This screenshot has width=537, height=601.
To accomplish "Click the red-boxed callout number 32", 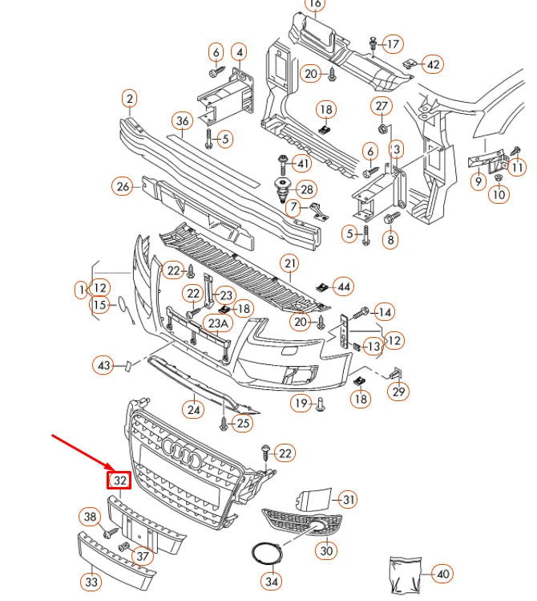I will tap(119, 481).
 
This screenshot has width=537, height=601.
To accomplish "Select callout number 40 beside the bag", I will tap(442, 573).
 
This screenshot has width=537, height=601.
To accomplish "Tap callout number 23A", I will tap(216, 323).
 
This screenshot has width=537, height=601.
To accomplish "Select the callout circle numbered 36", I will tap(183, 121).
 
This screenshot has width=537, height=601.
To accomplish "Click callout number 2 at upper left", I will tap(129, 99).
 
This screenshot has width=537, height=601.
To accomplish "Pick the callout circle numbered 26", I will tap(122, 187).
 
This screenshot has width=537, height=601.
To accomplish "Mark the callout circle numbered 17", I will tap(393, 43).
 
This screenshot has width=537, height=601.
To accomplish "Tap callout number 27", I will tap(382, 107).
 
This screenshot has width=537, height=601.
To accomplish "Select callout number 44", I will tap(343, 286).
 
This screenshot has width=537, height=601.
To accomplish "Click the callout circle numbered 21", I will tap(289, 263).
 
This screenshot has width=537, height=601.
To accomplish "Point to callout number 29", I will tap(398, 392).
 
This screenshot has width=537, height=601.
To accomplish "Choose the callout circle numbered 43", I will tap(103, 365).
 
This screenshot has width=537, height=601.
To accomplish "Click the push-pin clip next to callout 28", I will tap(283, 191).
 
